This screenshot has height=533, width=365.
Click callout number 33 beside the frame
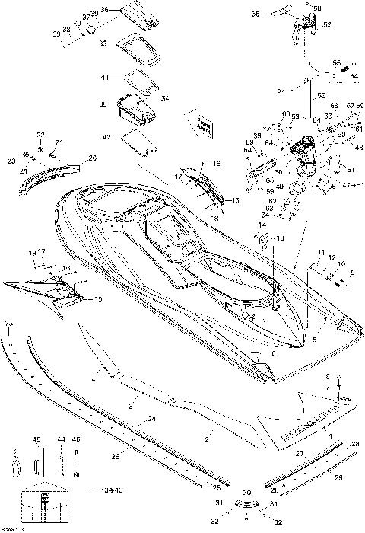[x=103, y=43]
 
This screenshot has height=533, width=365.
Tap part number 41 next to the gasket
[x=103, y=76]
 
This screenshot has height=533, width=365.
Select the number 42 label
[x=106, y=136]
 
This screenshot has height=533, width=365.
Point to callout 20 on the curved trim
[x=93, y=158]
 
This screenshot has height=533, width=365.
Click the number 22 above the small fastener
[x=40, y=135]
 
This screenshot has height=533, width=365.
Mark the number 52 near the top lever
[x=328, y=24]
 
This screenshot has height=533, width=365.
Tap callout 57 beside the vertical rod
[x=281, y=90]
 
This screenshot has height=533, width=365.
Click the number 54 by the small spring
[x=353, y=76]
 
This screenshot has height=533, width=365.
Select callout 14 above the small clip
[x=262, y=226]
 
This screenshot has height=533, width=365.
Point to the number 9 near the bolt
[x=351, y=272]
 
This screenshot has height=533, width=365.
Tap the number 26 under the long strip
[x=115, y=457]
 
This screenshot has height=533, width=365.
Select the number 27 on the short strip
[x=299, y=454]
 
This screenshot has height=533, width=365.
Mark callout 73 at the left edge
[x=9, y=324]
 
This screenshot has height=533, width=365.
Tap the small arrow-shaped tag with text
[x=202, y=123]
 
